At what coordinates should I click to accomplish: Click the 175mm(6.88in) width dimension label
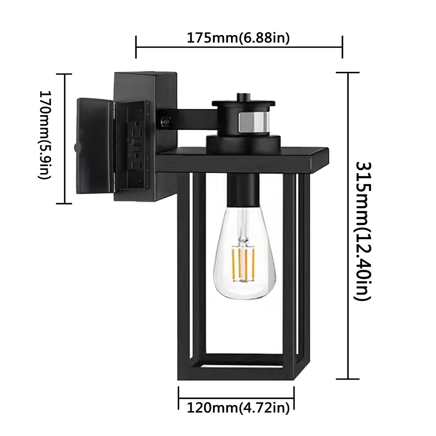238,38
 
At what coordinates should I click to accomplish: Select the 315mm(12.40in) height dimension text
363,231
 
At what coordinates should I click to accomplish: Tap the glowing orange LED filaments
243,262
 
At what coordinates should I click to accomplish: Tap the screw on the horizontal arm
165,120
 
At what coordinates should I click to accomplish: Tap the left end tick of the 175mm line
136,47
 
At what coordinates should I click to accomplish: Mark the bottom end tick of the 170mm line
64,203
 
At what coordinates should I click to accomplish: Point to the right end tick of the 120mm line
294,402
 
